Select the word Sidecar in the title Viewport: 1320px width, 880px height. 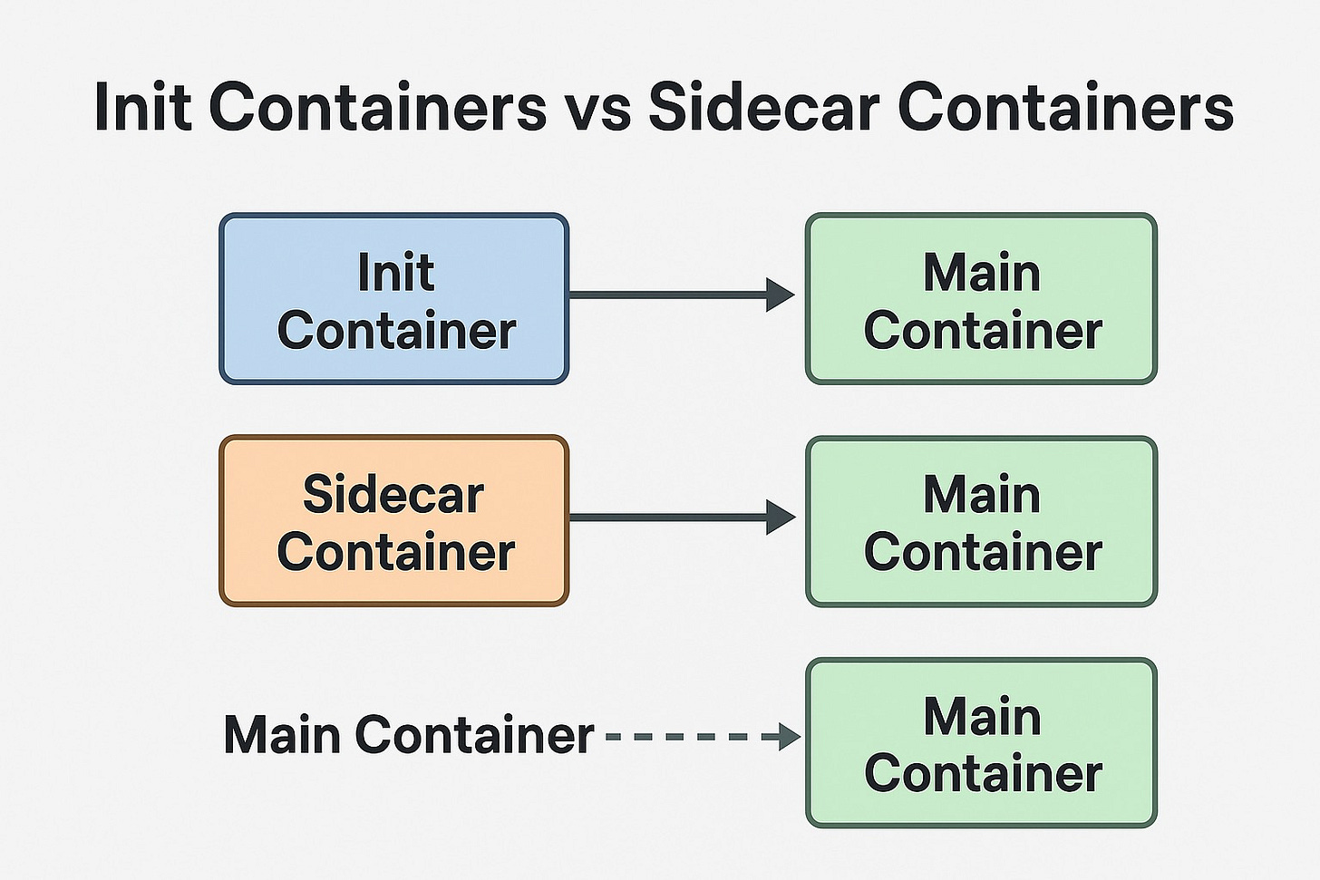(763, 107)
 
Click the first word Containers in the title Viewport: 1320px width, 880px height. (377, 107)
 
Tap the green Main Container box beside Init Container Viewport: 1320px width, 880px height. (981, 299)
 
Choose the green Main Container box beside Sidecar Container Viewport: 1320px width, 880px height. (981, 521)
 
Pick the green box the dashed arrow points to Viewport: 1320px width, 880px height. (981, 743)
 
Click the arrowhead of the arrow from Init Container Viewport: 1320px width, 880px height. (780, 295)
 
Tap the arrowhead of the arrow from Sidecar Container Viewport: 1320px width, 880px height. (780, 517)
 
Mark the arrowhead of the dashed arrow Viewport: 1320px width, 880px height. (790, 737)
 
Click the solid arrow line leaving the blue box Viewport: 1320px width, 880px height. (666, 295)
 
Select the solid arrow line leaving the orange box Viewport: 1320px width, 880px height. (666, 517)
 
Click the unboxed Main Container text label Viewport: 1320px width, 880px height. (408, 735)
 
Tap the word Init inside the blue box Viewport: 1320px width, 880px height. (395, 273)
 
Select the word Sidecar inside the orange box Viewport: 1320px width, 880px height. (393, 495)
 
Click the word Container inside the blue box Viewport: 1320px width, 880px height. (396, 331)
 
